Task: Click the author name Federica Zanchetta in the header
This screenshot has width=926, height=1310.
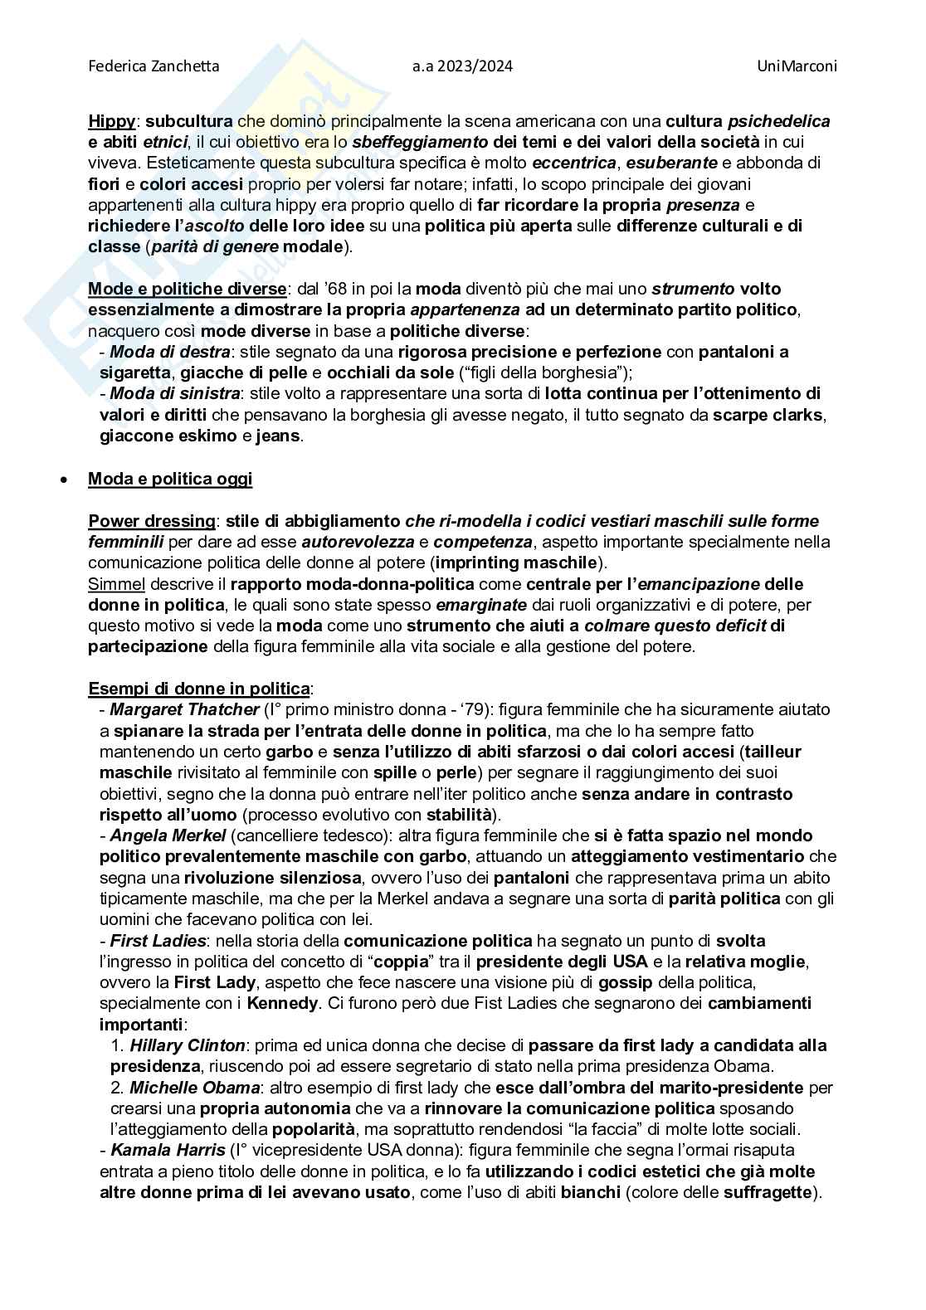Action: (154, 66)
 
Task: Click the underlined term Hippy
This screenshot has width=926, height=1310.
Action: (111, 121)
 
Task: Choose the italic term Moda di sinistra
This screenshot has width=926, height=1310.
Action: (175, 393)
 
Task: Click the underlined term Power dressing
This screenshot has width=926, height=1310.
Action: (152, 521)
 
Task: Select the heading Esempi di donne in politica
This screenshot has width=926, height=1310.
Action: (200, 689)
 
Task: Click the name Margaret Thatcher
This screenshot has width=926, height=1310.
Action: (184, 709)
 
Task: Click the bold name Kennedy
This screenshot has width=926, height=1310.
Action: (282, 1003)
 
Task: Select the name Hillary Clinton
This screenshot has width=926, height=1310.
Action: (188, 1045)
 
